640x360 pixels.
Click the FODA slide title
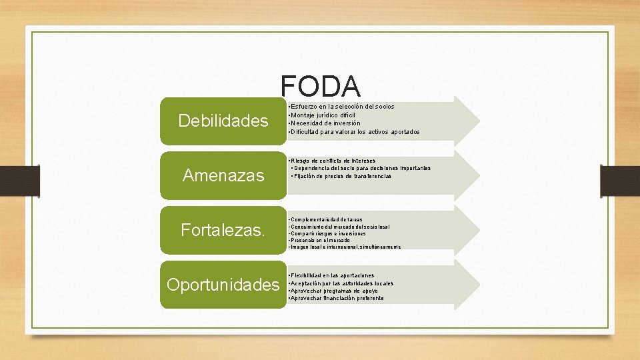click(x=320, y=86)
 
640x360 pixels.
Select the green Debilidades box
click(x=223, y=121)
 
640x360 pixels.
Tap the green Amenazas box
click(x=223, y=175)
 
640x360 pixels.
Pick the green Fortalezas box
click(x=223, y=231)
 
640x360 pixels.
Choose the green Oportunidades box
click(x=223, y=285)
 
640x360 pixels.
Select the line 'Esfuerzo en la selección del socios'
click(x=341, y=107)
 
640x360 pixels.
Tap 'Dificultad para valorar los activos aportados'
click(x=354, y=132)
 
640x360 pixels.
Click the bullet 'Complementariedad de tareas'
click(x=317, y=219)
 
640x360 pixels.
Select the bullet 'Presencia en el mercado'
click(x=313, y=240)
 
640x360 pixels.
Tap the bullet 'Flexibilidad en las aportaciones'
click(x=331, y=275)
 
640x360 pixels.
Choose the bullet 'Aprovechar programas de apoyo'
click(x=333, y=291)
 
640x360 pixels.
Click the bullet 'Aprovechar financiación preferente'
click(x=335, y=299)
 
